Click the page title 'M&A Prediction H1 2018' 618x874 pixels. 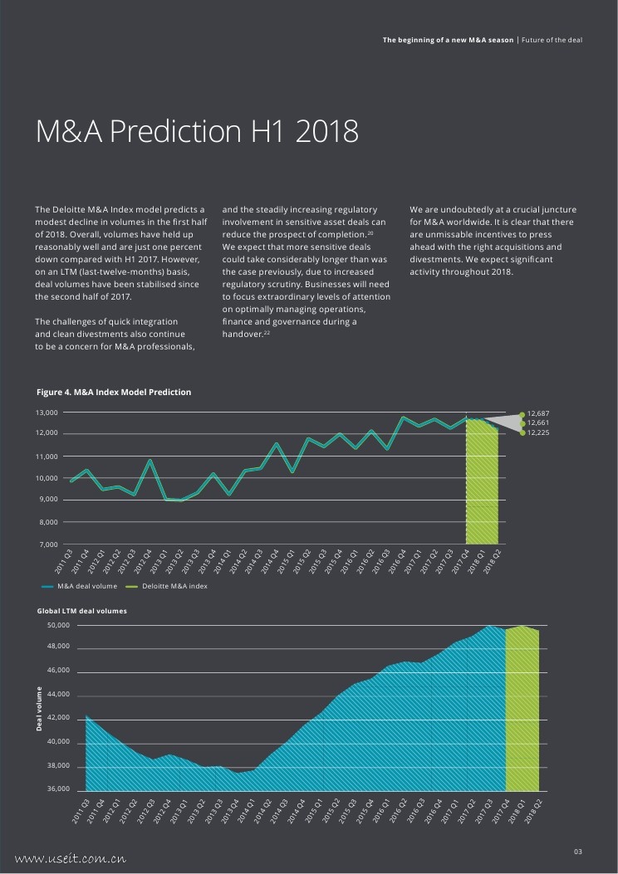click(x=197, y=131)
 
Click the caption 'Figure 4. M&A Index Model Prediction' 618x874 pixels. click(x=114, y=392)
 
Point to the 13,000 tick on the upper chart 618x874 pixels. click(x=47, y=413)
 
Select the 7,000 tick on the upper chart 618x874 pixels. click(x=47, y=544)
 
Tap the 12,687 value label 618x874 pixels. click(x=538, y=413)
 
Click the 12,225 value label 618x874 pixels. click(x=538, y=432)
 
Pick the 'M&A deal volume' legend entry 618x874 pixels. click(x=86, y=587)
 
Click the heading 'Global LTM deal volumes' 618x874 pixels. click(x=81, y=611)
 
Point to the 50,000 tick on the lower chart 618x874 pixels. click(x=57, y=625)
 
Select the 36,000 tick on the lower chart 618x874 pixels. click(x=57, y=789)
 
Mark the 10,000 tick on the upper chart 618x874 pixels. click(x=47, y=478)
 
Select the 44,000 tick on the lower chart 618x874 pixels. click(x=57, y=695)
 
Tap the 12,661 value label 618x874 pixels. click(x=538, y=422)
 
